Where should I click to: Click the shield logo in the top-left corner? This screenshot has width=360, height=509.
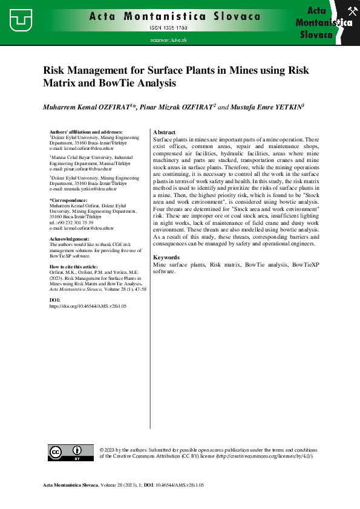[21, 21]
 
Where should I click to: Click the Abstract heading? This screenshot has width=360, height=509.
[165, 132]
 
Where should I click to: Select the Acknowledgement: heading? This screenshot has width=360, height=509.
[73, 239]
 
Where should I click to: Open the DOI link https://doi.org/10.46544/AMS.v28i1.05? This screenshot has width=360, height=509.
[87, 306]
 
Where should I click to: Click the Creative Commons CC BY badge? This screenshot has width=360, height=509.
[65, 453]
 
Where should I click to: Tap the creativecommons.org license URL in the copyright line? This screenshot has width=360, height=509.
[266, 456]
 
